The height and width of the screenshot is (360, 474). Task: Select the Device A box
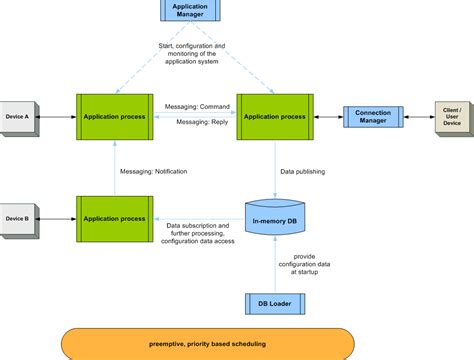[x=21, y=117]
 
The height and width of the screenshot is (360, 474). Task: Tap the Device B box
[x=21, y=217]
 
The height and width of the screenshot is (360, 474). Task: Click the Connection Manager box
[x=373, y=117]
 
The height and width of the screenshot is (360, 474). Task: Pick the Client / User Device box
[x=452, y=117]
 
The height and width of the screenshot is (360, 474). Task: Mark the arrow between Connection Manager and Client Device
[x=420, y=117]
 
